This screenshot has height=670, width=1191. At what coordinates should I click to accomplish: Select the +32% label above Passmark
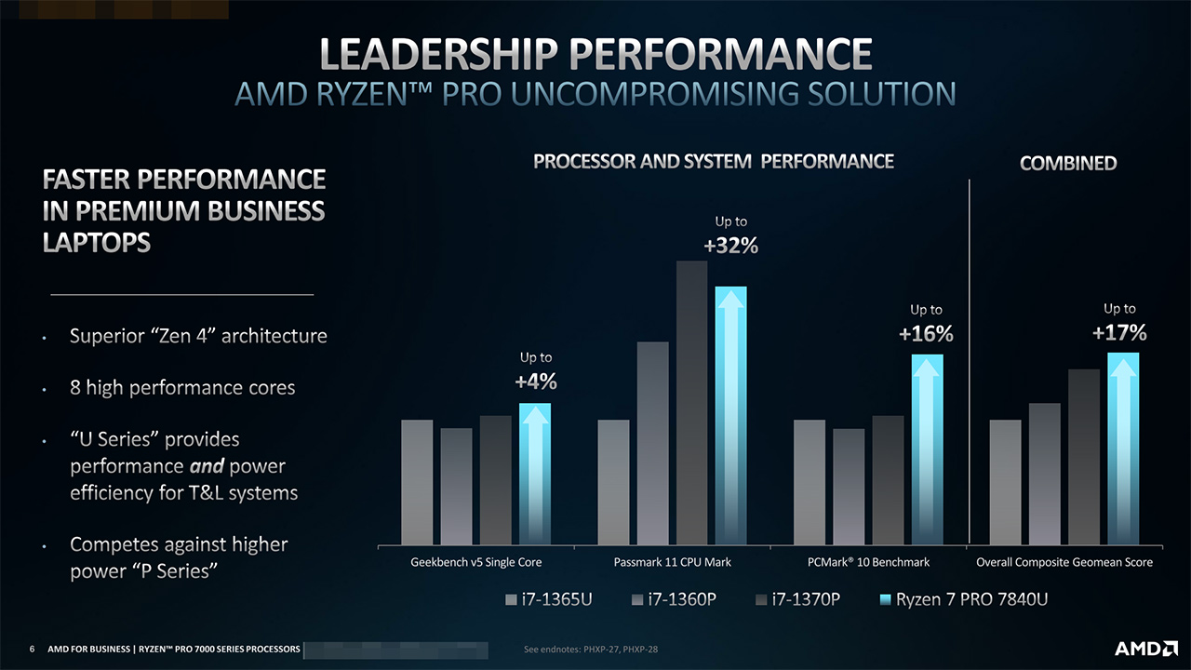pyautogui.click(x=730, y=247)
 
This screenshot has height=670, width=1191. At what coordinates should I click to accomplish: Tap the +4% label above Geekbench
pyautogui.click(x=535, y=382)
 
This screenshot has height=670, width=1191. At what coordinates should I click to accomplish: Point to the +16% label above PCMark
pyautogui.click(x=926, y=334)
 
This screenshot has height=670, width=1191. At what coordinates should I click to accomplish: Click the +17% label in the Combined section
pyautogui.click(x=1119, y=332)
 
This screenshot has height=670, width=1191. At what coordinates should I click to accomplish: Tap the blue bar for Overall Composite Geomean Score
pyautogui.click(x=1123, y=448)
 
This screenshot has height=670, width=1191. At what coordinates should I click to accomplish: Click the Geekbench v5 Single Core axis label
pyautogui.click(x=476, y=562)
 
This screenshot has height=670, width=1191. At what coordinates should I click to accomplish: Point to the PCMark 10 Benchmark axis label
pyautogui.click(x=868, y=562)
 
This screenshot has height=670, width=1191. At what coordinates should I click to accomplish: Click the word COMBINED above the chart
pyautogui.click(x=1068, y=164)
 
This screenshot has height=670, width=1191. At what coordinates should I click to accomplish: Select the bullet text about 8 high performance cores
pyautogui.click(x=182, y=387)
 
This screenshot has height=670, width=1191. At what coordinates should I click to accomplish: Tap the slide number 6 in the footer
pyautogui.click(x=33, y=649)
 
